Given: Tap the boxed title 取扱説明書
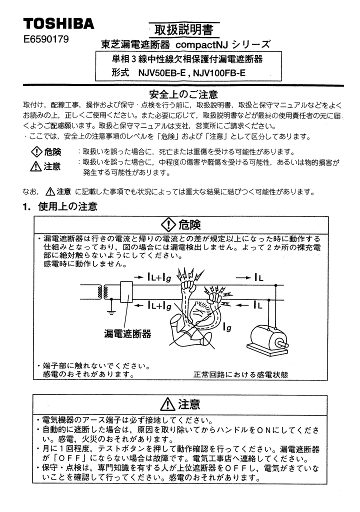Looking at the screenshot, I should (184, 30).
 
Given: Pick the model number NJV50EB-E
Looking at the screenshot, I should (162, 72).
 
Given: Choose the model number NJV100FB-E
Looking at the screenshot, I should (219, 72).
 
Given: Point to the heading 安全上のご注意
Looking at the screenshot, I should (184, 94).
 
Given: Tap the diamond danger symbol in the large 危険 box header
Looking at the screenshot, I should (169, 224).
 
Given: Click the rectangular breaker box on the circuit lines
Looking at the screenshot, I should (126, 292).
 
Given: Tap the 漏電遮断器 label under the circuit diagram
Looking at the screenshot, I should (127, 333).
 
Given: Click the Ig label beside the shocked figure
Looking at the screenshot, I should (228, 327).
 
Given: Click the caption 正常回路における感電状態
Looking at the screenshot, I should (241, 374).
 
